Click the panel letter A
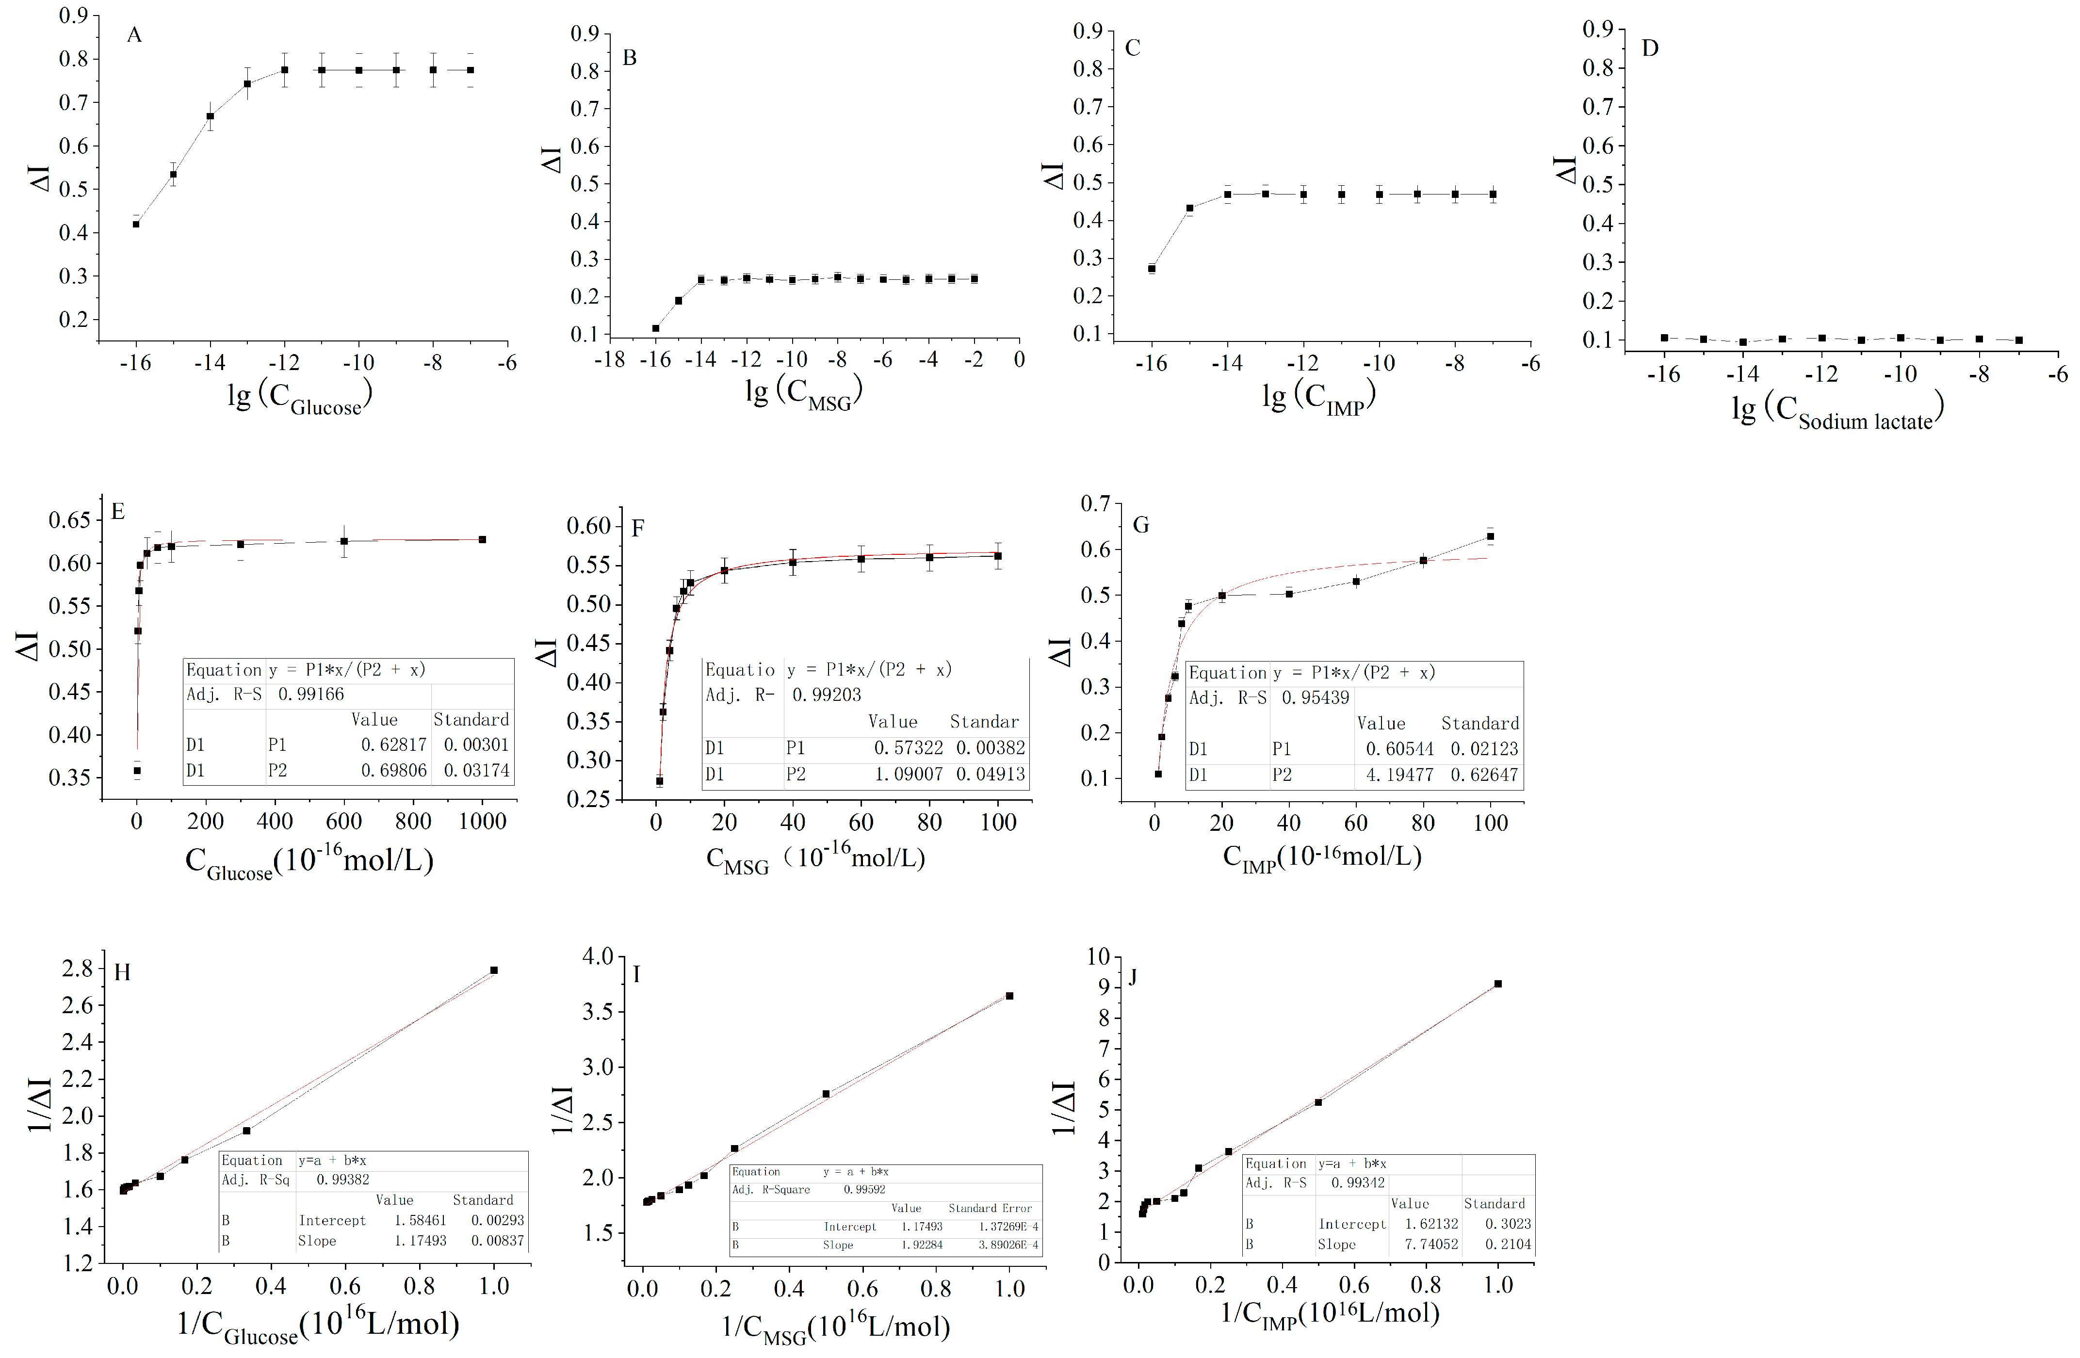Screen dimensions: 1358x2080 (x=134, y=35)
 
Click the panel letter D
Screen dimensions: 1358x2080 (x=1650, y=48)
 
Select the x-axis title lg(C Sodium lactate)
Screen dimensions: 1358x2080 (x=1837, y=411)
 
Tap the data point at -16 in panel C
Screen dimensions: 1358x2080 (x=1152, y=268)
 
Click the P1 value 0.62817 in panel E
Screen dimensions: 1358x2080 (x=394, y=744)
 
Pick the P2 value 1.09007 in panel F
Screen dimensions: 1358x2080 (x=909, y=774)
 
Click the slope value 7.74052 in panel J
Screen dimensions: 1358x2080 (x=1431, y=1244)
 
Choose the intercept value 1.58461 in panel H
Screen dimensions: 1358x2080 (x=421, y=1220)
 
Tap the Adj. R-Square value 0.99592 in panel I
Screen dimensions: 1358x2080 (x=864, y=1189)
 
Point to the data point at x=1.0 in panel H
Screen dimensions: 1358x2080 (x=494, y=970)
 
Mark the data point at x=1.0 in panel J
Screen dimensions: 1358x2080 (x=1498, y=984)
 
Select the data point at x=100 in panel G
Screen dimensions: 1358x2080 (x=1490, y=536)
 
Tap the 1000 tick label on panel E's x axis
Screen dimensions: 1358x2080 (x=483, y=822)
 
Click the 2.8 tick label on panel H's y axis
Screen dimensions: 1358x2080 (x=77, y=968)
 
